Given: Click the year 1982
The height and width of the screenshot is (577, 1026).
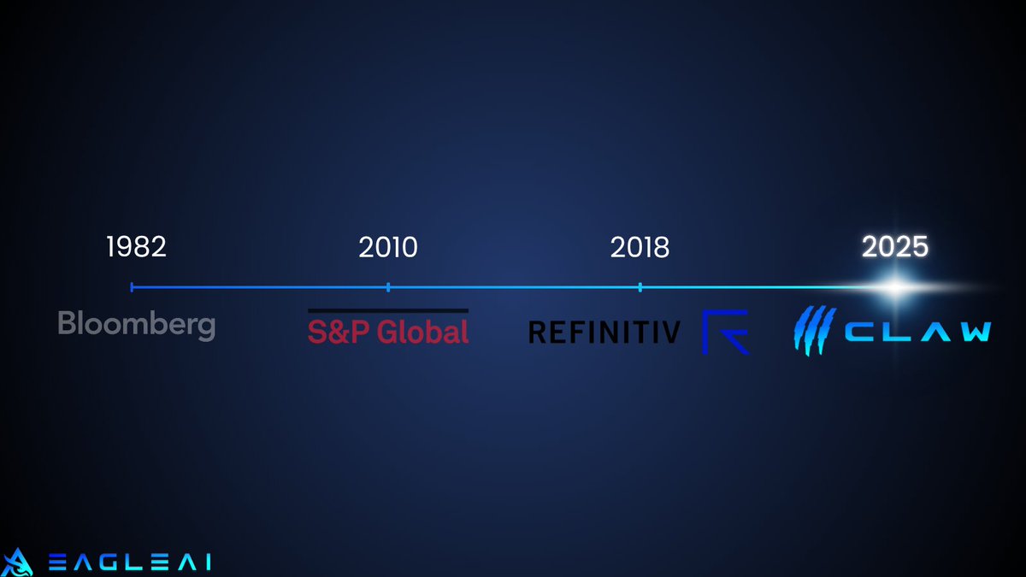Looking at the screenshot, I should pyautogui.click(x=136, y=247).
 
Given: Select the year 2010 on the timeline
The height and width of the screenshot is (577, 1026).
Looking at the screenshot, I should pyautogui.click(x=388, y=247).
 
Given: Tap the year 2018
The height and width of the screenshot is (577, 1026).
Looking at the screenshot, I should pyautogui.click(x=640, y=247).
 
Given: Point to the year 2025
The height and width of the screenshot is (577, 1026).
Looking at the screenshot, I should pyautogui.click(x=894, y=247).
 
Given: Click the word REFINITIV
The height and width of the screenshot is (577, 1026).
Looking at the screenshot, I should pyautogui.click(x=604, y=332).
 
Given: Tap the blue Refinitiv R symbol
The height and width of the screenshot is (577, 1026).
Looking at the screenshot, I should pyautogui.click(x=725, y=332).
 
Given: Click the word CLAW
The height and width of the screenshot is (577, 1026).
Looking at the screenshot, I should pyautogui.click(x=915, y=332).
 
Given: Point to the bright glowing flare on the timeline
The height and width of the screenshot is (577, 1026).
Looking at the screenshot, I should pyautogui.click(x=894, y=287).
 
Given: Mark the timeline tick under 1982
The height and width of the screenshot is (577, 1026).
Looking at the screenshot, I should pyautogui.click(x=132, y=287).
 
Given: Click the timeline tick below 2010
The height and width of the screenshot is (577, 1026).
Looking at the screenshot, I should pyautogui.click(x=388, y=287).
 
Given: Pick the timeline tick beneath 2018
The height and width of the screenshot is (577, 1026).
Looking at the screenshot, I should pyautogui.click(x=640, y=287).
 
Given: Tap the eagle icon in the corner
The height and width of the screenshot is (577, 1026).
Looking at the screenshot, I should pyautogui.click(x=18, y=561).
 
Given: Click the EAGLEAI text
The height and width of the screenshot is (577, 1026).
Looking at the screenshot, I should pyautogui.click(x=128, y=562).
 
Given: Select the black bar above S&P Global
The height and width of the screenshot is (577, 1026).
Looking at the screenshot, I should pyautogui.click(x=388, y=310).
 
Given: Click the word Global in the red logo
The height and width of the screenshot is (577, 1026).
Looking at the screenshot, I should pyautogui.click(x=422, y=332).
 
